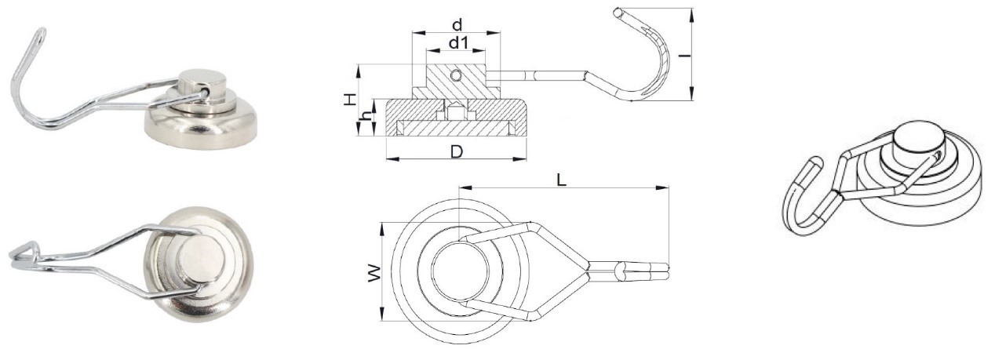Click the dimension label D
pyautogui.click(x=455, y=151)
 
